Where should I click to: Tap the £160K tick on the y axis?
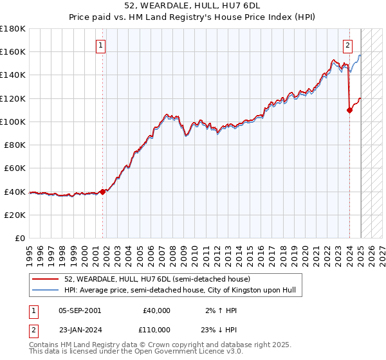tap(13, 51)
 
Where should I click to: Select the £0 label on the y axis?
tap(20, 238)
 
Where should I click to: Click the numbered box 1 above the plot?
tap(102, 45)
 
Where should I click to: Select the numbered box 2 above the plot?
tap(347, 45)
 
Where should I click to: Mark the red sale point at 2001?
tap(103, 191)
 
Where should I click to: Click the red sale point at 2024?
tap(349, 110)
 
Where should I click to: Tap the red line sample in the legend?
tap(45, 279)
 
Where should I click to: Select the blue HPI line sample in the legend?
tap(45, 290)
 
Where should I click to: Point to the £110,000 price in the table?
tap(156, 328)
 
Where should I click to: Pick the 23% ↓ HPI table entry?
tap(222, 328)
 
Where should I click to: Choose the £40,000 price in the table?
tap(156, 310)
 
